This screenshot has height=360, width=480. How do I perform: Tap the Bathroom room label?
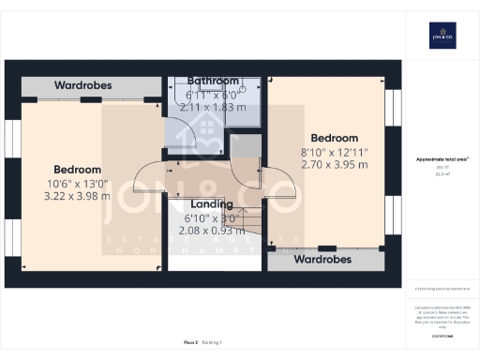pos(213,81)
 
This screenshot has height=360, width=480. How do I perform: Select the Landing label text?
pos(212,203)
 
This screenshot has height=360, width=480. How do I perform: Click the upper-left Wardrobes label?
pos(82,85)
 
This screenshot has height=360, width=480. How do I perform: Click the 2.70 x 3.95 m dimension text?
pos(334,165)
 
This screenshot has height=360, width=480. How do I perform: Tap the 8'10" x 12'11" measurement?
pos(334,152)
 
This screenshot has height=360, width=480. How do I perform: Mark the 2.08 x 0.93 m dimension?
pos(212,230)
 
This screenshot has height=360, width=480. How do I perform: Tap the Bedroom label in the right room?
pos(335,138)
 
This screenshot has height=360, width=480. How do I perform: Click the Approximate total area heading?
pos(442,159)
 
